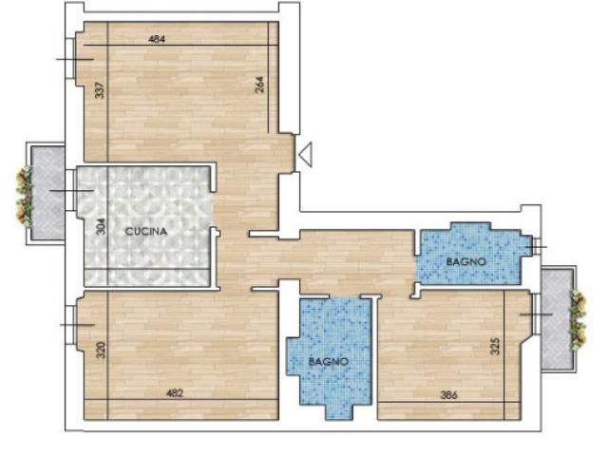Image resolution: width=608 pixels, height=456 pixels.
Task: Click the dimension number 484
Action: click(157, 39)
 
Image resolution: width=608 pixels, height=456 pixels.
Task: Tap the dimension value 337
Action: click(100, 90)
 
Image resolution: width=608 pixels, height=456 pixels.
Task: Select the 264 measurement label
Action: click(259, 85)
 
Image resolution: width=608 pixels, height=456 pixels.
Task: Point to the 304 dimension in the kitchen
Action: click(101, 226)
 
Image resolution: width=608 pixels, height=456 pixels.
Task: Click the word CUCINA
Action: click(146, 232)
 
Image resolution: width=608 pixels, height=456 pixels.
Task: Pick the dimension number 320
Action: click(101, 350)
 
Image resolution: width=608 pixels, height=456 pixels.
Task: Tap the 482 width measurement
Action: click(175, 393)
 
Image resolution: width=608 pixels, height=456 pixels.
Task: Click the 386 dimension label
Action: click(449, 395)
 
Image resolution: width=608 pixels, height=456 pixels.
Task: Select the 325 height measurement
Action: click(495, 346)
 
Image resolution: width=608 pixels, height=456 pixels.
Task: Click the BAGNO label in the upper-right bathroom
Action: click(466, 262)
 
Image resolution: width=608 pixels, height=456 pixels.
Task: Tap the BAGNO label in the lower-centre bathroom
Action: click(329, 362)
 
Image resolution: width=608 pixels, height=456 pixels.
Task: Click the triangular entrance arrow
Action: click(306, 155)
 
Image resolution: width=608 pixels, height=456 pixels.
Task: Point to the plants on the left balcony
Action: click(25, 197)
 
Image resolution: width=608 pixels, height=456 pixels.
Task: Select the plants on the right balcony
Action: click(578, 320)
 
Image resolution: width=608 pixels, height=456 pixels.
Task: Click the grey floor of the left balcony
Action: click(48, 193)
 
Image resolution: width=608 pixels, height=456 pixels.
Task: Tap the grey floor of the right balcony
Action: click(557, 319)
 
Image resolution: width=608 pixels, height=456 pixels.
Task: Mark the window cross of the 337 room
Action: click(75, 59)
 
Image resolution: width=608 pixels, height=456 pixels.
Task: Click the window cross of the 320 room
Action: click(77, 325)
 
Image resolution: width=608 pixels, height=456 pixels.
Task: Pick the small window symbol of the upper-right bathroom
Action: click(537, 247)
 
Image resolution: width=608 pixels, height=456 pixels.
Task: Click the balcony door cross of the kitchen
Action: click(72, 190)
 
